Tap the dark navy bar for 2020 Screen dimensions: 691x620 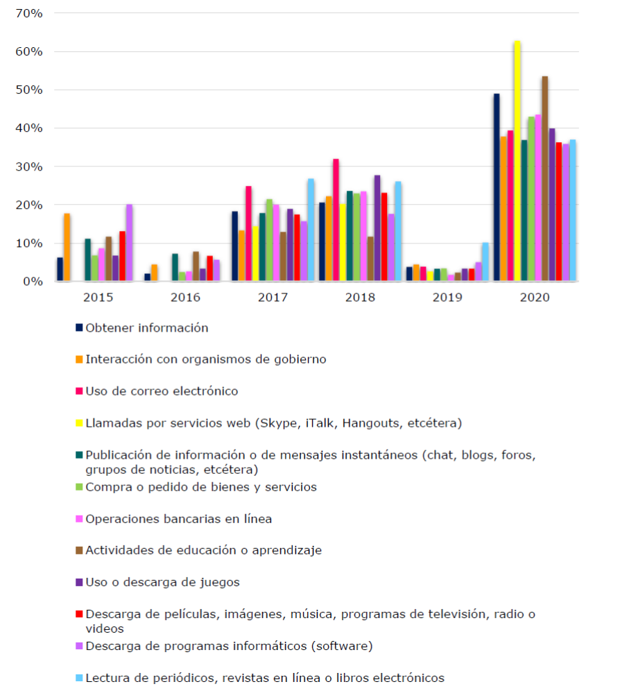[x=497, y=187]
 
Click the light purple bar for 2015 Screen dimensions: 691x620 [x=129, y=243]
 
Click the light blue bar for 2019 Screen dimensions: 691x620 [x=485, y=262]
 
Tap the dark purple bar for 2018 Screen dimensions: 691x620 [x=377, y=228]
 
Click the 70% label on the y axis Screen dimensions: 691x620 [x=28, y=13]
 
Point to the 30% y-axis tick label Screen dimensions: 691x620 [x=28, y=167]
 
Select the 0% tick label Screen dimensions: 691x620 [x=33, y=282]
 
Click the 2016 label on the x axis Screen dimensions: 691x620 [x=185, y=298]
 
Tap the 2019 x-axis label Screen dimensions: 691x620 [x=447, y=298]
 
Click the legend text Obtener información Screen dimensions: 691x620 [x=146, y=328]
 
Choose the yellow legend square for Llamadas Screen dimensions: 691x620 [x=80, y=423]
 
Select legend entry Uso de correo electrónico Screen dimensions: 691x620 [x=162, y=391]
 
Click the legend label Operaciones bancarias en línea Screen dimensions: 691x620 [x=178, y=519]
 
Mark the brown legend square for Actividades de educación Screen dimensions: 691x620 [x=80, y=551]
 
